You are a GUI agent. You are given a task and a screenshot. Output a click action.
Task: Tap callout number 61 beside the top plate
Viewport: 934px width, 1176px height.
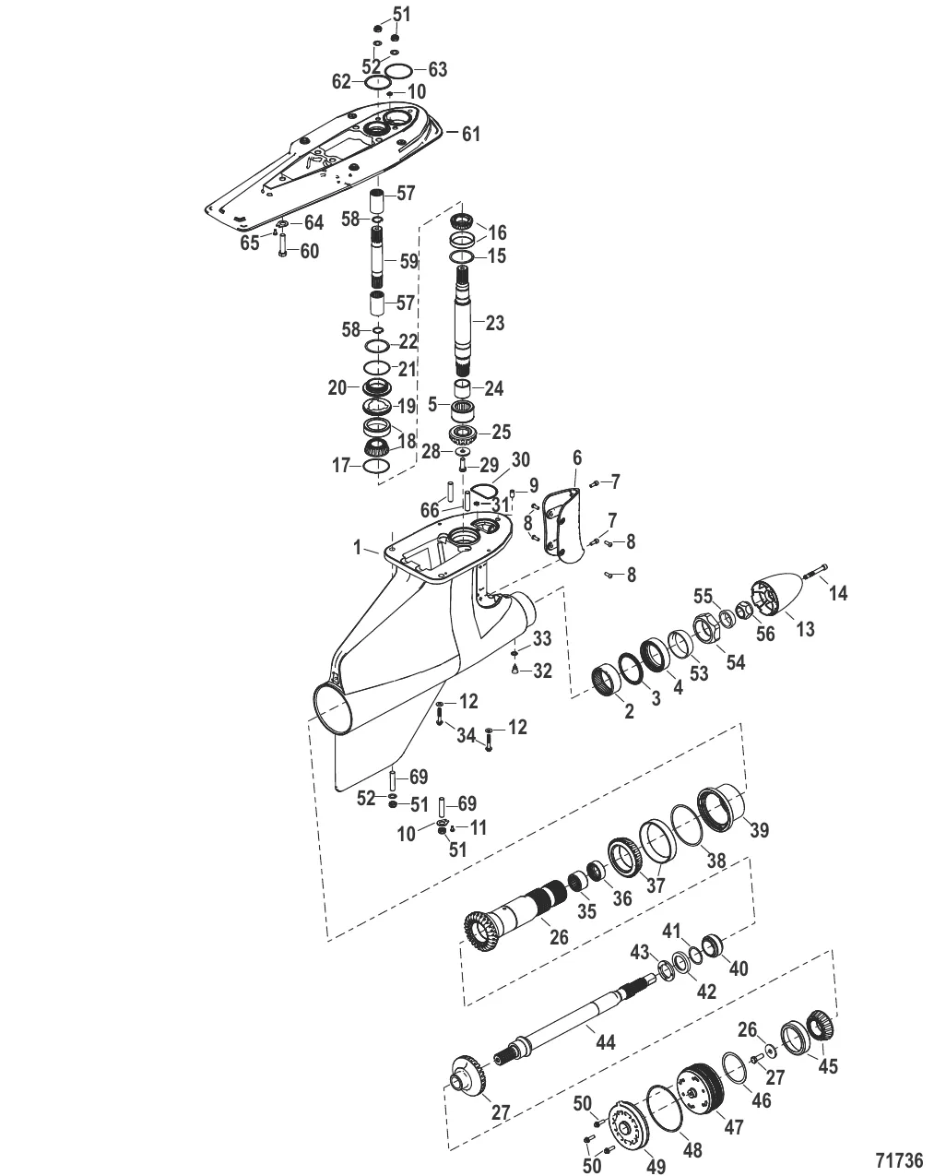(470, 135)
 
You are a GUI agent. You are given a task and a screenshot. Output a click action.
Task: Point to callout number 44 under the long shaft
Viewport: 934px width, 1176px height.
(605, 1042)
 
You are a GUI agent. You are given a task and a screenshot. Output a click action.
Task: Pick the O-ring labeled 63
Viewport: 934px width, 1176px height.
(397, 71)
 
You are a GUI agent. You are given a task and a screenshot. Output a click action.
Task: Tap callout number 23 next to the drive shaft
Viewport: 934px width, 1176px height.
(495, 324)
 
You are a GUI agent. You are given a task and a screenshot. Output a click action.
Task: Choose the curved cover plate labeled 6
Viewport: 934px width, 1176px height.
(564, 521)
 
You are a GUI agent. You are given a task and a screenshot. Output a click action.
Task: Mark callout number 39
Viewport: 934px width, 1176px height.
(758, 830)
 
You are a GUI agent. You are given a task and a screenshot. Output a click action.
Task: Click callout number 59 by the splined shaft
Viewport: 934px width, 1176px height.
(408, 261)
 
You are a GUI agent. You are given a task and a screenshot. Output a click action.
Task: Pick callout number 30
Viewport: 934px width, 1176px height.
(521, 458)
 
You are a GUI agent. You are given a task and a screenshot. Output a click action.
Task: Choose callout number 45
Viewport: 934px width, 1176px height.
(828, 1066)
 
